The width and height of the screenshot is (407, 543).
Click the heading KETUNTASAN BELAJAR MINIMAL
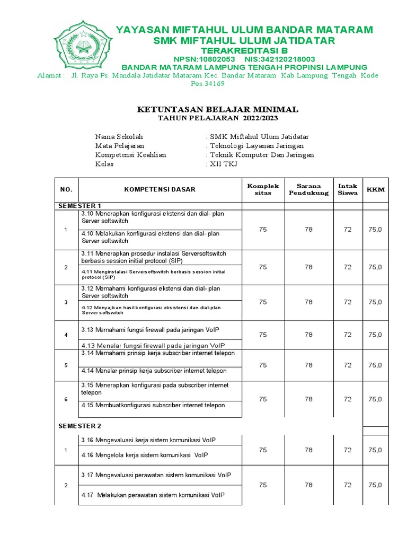[217, 110]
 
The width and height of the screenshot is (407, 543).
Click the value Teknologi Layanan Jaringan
[250, 145]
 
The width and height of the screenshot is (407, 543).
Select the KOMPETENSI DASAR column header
[160, 189]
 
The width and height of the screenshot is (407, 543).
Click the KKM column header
[376, 189]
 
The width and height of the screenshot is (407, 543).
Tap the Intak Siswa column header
[348, 189]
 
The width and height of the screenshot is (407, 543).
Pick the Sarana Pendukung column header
[308, 189]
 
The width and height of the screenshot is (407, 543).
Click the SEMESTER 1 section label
[79, 206]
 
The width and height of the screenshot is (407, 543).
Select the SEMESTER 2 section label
[79, 426]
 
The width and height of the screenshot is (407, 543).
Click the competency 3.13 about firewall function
[149, 330]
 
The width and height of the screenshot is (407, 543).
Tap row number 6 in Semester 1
[66, 399]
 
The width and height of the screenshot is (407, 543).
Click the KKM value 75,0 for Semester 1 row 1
[375, 230]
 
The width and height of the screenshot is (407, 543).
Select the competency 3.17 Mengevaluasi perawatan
[156, 475]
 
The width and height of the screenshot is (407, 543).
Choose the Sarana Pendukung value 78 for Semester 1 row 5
[308, 365]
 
